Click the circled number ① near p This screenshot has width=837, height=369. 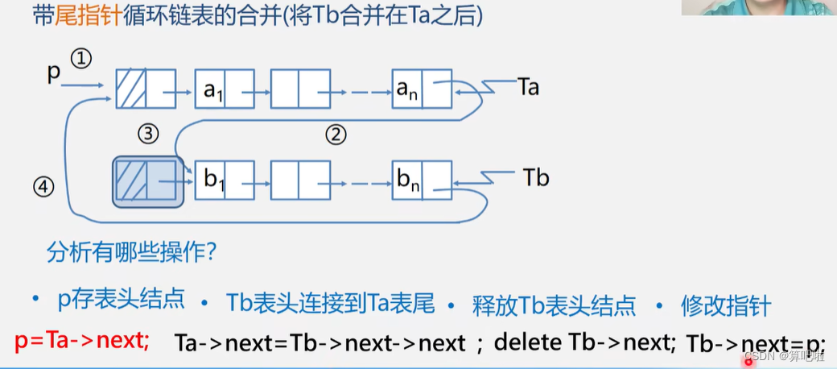coord(82,58)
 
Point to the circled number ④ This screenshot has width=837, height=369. coord(43,187)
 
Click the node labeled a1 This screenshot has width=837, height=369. coord(225,89)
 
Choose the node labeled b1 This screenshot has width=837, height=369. coord(225,180)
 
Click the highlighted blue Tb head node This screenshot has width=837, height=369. coord(148,180)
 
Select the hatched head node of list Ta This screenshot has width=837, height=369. coord(146,89)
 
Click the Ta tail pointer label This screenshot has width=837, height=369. coord(527,87)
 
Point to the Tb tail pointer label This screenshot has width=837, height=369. coord(535,176)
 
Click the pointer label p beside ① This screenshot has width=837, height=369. coord(54,73)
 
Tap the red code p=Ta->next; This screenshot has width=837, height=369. coord(82,340)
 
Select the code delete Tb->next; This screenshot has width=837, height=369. coord(584,342)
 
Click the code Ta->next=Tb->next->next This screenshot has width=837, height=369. coord(320,342)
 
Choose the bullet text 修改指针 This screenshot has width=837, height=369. coord(725,305)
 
